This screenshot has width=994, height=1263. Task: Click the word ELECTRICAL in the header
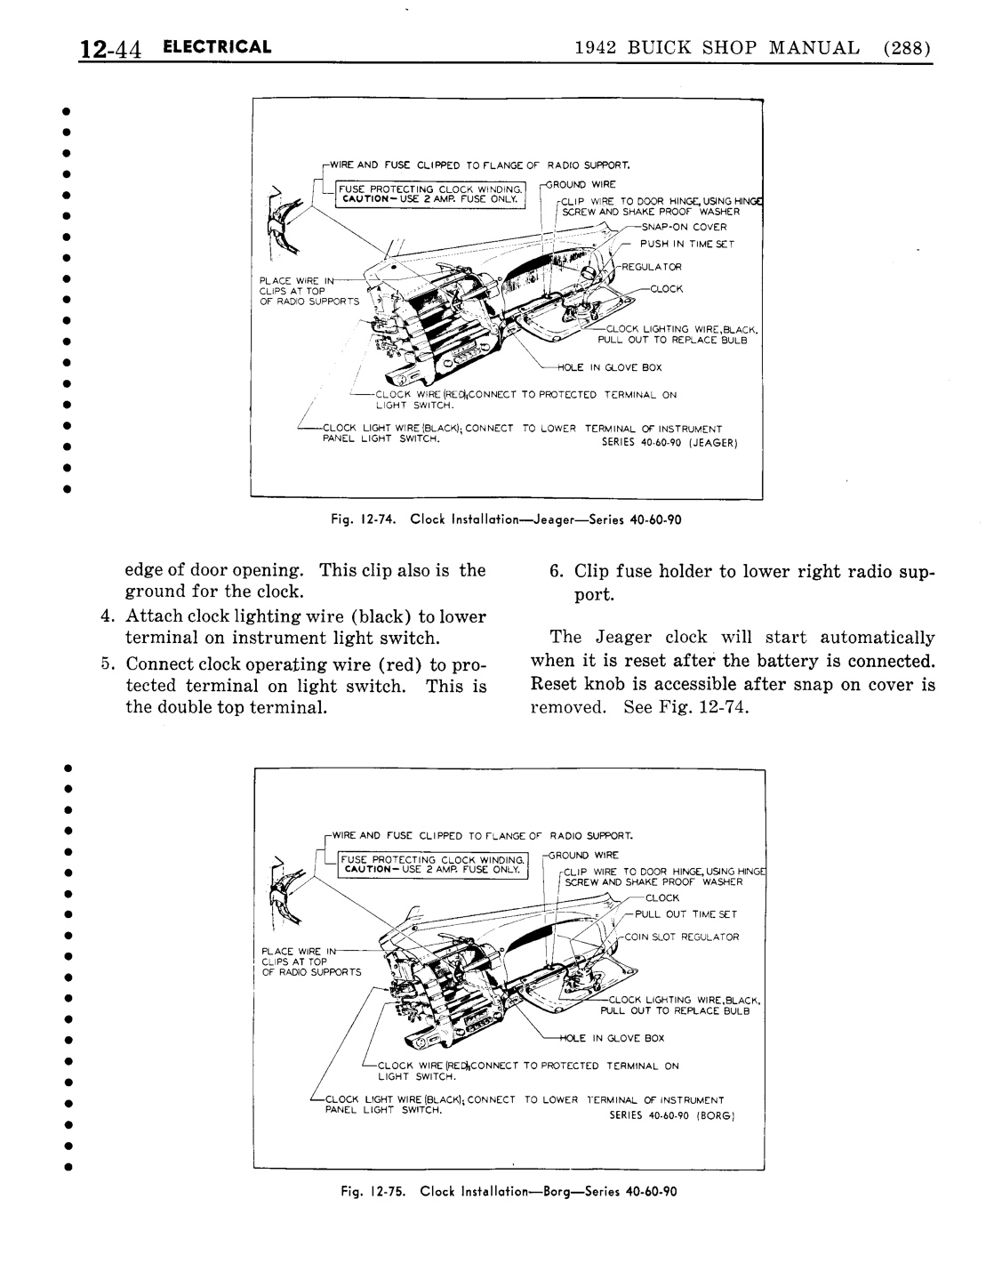tap(217, 47)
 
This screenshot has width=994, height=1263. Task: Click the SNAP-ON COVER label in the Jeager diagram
tap(691, 227)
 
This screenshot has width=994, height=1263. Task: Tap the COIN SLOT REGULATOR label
tap(682, 937)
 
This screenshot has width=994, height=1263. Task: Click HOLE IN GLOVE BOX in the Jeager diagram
tap(609, 367)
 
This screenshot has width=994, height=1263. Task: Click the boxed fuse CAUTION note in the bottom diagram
tap(428, 865)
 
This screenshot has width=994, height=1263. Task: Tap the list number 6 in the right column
tap(556, 571)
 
